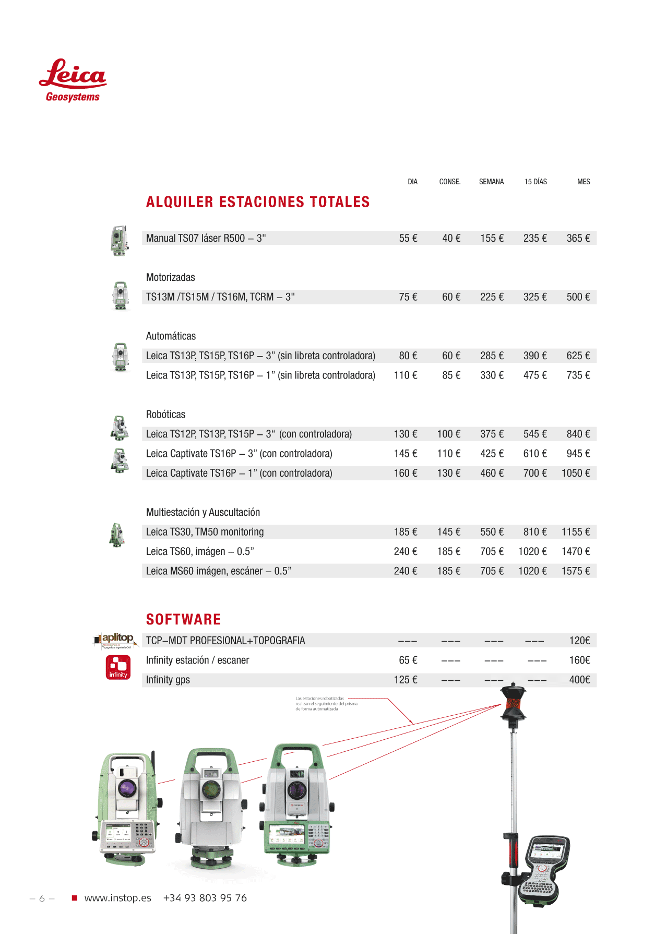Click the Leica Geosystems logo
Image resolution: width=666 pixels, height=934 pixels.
(x=73, y=80)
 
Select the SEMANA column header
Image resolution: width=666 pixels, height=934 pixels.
(x=491, y=182)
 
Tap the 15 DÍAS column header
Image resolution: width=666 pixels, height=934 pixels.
(x=536, y=182)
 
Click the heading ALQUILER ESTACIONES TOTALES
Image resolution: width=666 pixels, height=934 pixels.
(x=258, y=202)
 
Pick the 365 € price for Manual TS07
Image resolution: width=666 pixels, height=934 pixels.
(x=578, y=238)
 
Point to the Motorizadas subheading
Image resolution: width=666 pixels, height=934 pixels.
(x=170, y=277)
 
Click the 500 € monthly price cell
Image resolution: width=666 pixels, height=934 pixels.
(x=578, y=297)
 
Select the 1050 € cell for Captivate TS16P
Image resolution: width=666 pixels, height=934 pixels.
(x=575, y=473)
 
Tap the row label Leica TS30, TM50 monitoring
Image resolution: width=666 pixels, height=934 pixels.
(x=205, y=532)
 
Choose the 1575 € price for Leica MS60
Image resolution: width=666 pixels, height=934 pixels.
(x=575, y=571)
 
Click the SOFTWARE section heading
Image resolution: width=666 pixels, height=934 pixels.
(x=183, y=619)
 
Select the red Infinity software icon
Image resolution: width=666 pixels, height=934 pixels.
(x=118, y=667)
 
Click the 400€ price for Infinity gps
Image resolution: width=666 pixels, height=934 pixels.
(x=579, y=680)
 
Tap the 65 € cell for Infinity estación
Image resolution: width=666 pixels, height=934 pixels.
(x=408, y=660)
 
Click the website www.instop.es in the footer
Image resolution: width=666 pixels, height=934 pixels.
(x=117, y=898)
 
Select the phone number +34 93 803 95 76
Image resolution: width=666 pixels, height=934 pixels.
(x=205, y=898)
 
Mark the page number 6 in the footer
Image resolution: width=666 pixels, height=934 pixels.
(x=42, y=898)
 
